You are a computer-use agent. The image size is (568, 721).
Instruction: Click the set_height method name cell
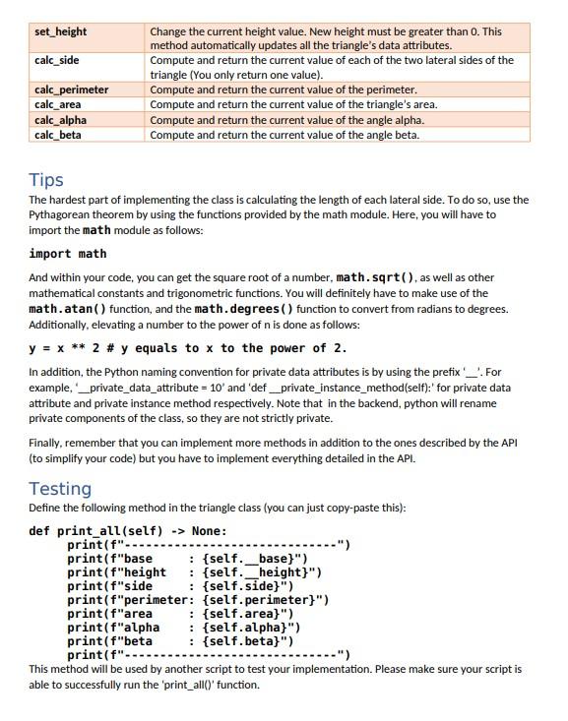pyautogui.click(x=61, y=31)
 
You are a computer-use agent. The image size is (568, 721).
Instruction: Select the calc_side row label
pyautogui.click(x=57, y=60)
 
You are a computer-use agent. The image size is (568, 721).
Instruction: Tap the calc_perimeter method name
pyautogui.click(x=72, y=90)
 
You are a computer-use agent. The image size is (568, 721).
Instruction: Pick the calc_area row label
pyautogui.click(x=58, y=104)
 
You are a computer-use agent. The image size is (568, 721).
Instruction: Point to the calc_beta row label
pyautogui.click(x=58, y=135)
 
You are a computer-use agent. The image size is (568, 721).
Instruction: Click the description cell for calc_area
pyautogui.click(x=293, y=104)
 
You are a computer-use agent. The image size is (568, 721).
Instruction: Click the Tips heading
pyautogui.click(x=46, y=180)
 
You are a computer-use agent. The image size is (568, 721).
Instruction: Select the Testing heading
pyautogui.click(x=60, y=489)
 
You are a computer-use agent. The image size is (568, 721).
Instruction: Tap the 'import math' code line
pyautogui.click(x=68, y=254)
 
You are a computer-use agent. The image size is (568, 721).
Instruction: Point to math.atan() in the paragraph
pyautogui.click(x=69, y=309)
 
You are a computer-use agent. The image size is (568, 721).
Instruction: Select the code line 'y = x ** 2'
pyautogui.click(x=187, y=348)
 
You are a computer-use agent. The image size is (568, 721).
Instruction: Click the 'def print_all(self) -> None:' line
pyautogui.click(x=128, y=531)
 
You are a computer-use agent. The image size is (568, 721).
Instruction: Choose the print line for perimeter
pyautogui.click(x=197, y=600)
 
